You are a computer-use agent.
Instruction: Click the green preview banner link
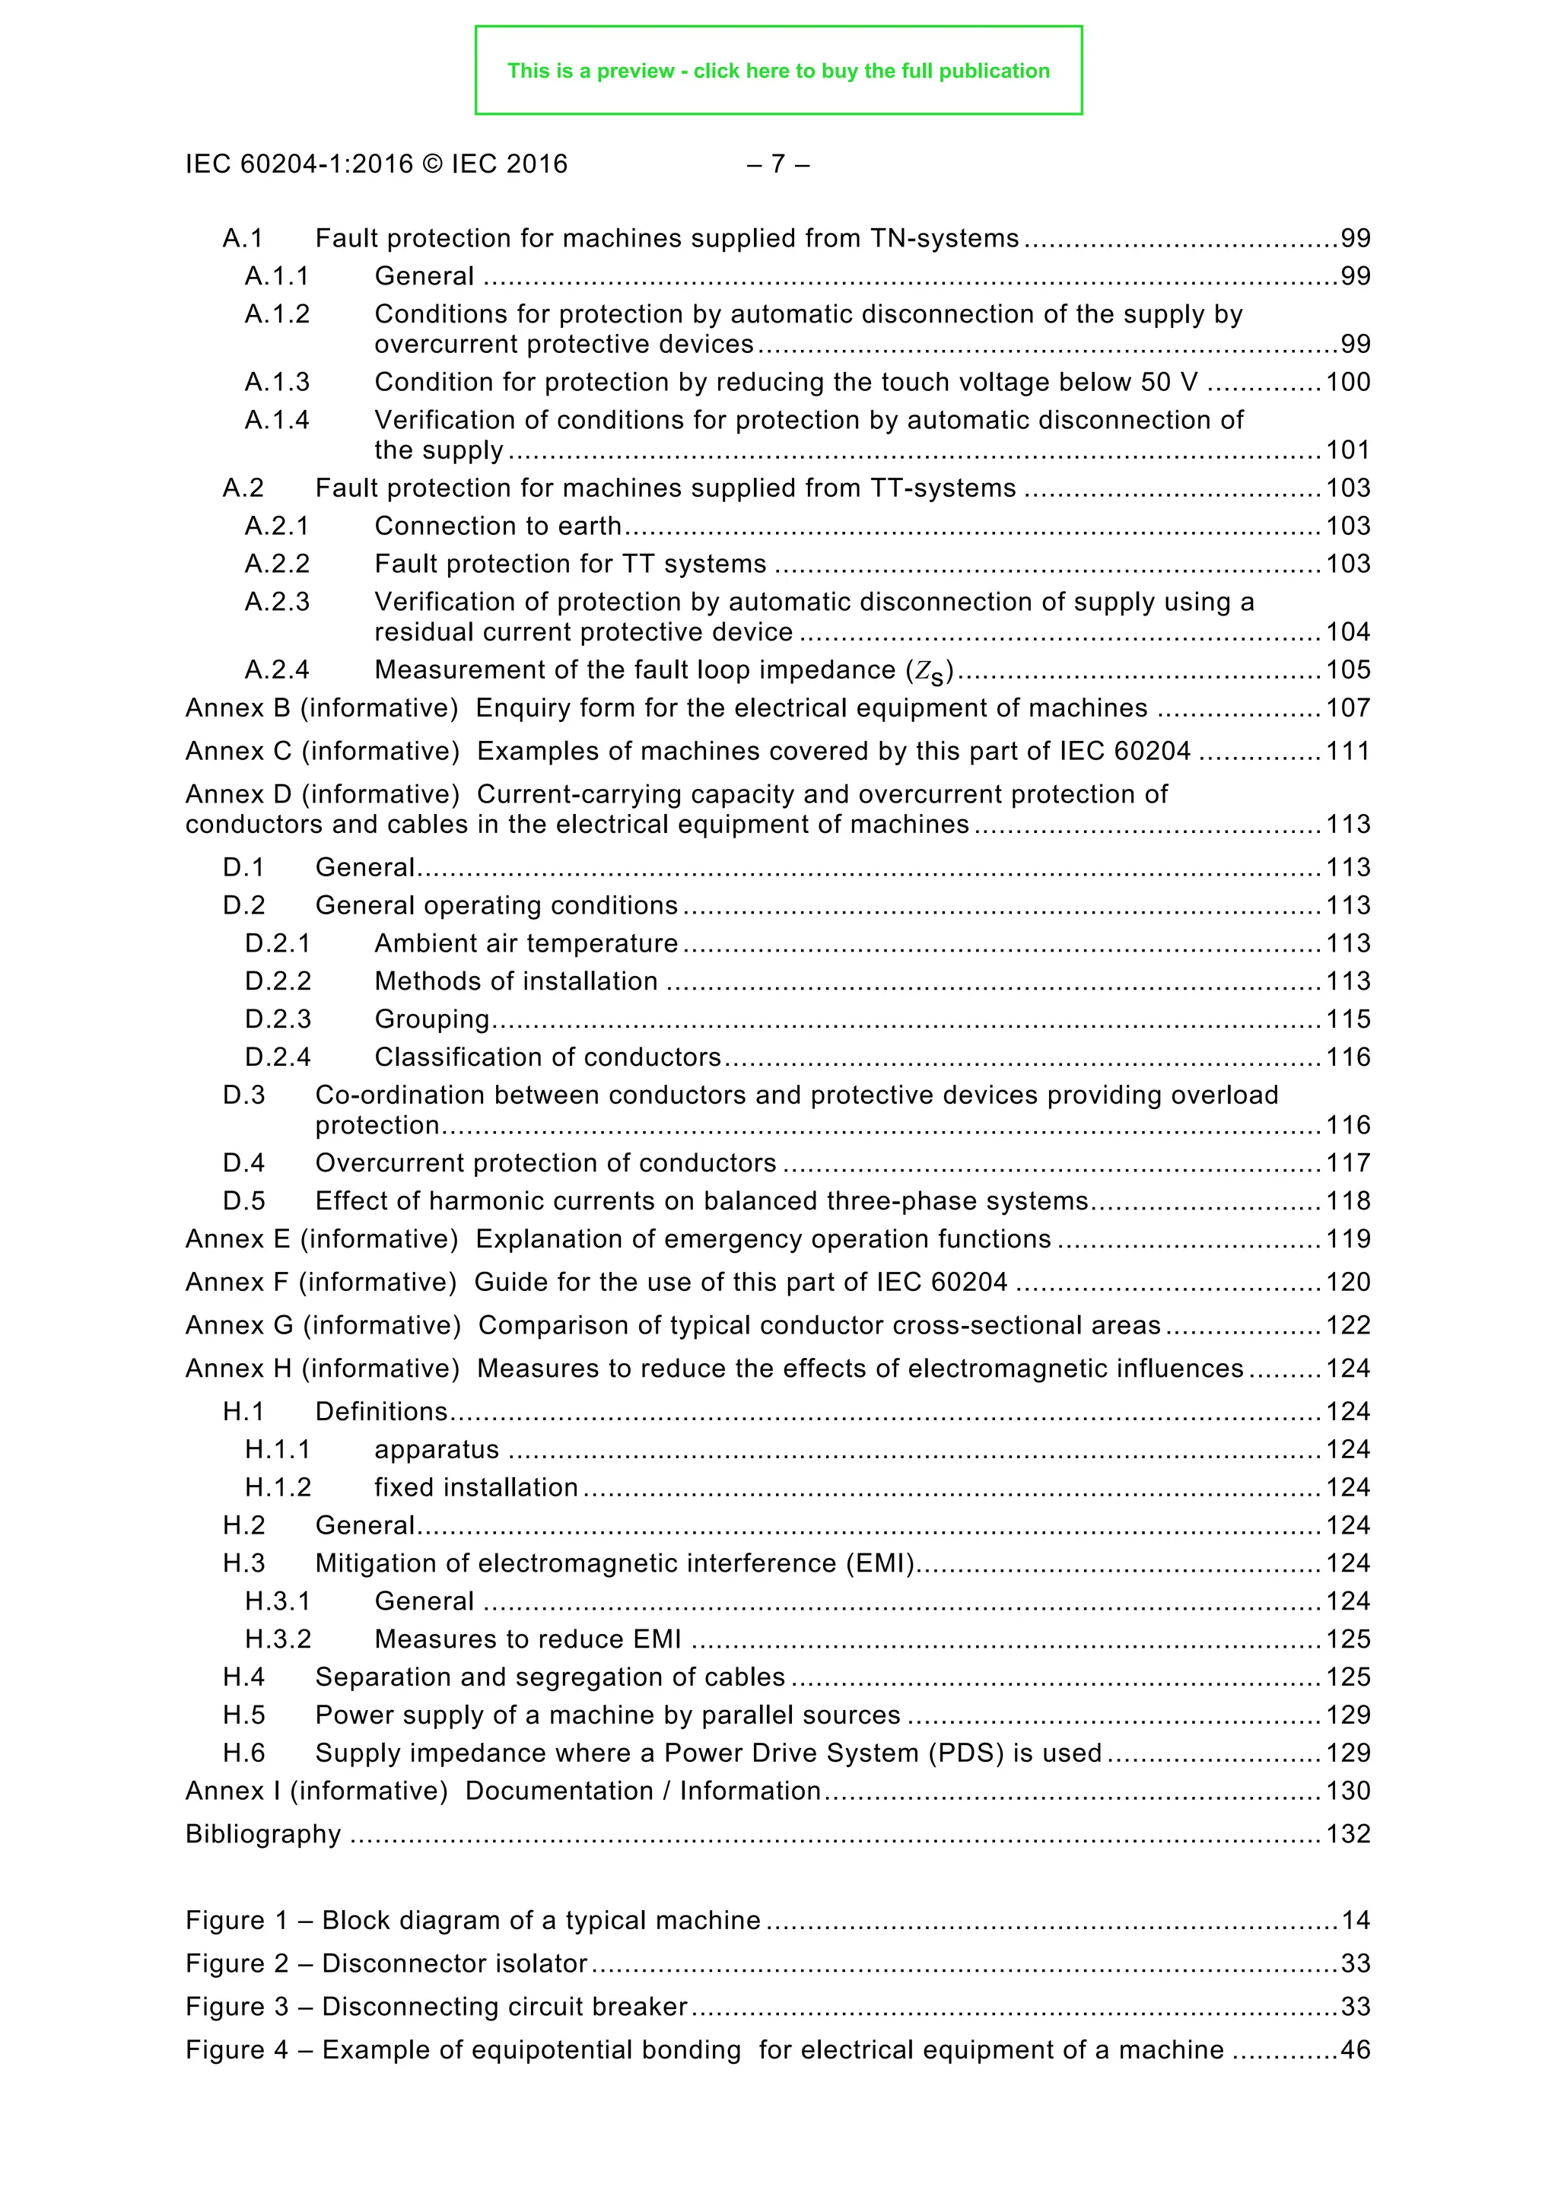click(x=778, y=71)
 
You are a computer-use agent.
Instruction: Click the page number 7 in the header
click(x=778, y=164)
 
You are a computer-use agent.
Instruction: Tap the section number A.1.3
click(x=277, y=382)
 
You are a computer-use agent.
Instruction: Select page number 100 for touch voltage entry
click(x=1347, y=382)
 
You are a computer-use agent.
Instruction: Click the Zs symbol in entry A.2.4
click(x=930, y=672)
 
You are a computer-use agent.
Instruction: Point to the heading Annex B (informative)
click(x=321, y=708)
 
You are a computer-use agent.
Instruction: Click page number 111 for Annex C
click(x=1347, y=752)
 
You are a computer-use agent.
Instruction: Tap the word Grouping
click(x=431, y=1019)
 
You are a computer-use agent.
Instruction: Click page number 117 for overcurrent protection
click(x=1347, y=1163)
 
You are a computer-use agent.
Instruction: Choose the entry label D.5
click(x=243, y=1201)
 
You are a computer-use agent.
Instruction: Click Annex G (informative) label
click(x=323, y=1325)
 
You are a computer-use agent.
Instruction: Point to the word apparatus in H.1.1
click(x=437, y=1450)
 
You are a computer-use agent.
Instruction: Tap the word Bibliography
click(x=263, y=1835)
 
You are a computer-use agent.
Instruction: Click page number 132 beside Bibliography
click(x=1347, y=1835)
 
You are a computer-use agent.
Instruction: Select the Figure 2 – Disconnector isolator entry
click(x=386, y=1964)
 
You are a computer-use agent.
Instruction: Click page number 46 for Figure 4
click(x=1355, y=2050)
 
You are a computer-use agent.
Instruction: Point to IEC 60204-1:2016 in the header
click(x=299, y=164)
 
